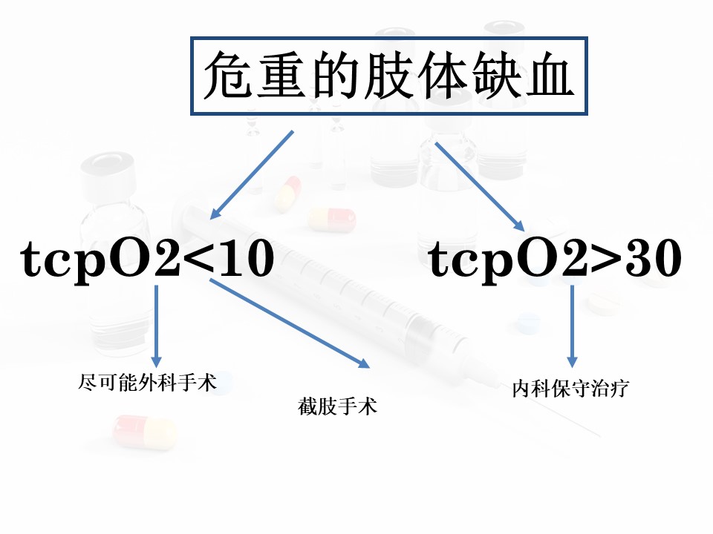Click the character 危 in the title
coord(228,75)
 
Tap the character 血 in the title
coord(550,75)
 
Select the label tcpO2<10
coord(147,259)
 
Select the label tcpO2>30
coord(556,259)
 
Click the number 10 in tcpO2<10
coord(247,258)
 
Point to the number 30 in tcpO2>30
coord(654,258)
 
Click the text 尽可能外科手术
coord(147,383)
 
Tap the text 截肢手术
coord(337,406)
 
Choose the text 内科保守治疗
coord(570,389)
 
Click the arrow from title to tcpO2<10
coord(252,175)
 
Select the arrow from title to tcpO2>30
coord(480,187)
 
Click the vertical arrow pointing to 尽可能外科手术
coord(157,326)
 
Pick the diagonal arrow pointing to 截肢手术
coord(290,323)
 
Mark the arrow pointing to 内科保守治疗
coord(572,326)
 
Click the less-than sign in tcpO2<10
coord(199,259)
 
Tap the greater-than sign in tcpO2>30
coord(607,259)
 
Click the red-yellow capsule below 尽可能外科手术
coord(144,432)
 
